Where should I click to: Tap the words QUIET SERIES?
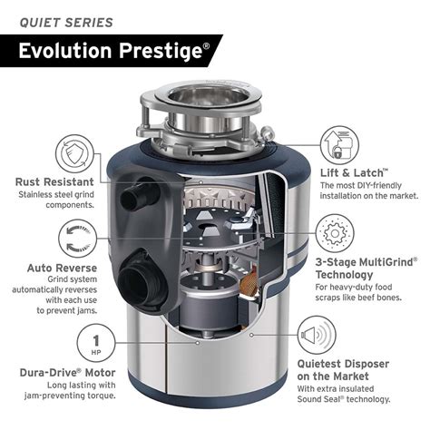click(x=66, y=23)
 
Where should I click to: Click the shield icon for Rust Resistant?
click(x=74, y=154)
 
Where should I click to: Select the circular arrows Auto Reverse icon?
click(x=77, y=239)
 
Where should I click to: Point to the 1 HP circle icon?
click(x=96, y=343)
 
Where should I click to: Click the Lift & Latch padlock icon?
click(x=339, y=145)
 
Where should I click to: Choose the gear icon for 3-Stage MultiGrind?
click(x=335, y=233)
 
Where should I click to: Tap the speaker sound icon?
click(x=317, y=335)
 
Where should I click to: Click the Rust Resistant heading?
click(x=54, y=182)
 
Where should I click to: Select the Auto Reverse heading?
click(x=63, y=268)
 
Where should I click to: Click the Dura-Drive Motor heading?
click(x=68, y=373)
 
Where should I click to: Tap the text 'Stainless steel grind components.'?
click(x=56, y=200)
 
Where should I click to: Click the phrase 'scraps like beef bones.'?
click(x=358, y=298)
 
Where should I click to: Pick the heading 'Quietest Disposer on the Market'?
click(x=343, y=370)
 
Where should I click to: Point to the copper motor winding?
click(x=249, y=280)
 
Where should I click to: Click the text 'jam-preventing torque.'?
click(x=70, y=396)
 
